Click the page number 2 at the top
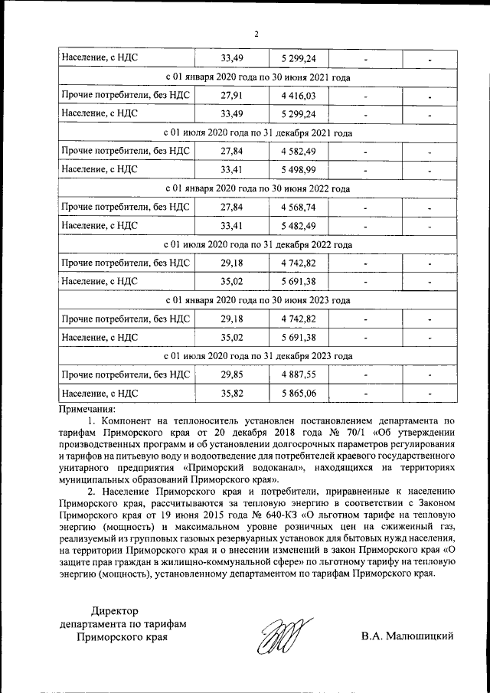(257, 34)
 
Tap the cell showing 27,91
(231, 96)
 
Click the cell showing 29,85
(231, 375)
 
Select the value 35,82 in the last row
(231, 394)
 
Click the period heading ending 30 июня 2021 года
(258, 77)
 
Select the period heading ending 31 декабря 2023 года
(258, 356)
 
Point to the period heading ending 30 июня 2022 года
(258, 188)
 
